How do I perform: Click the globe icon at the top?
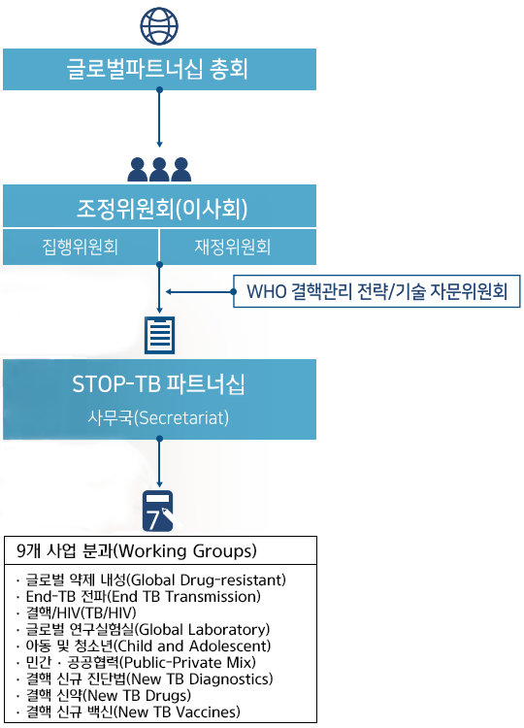tap(159, 26)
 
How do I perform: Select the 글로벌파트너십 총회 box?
tap(160, 69)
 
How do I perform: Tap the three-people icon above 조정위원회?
tap(159, 170)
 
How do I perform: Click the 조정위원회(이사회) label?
tap(162, 209)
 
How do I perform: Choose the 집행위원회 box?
tap(81, 247)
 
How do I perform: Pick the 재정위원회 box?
tap(238, 247)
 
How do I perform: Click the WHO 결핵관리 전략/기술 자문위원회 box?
tap(377, 291)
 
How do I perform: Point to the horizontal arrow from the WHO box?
tap(200, 291)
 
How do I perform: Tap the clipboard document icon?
tap(160, 335)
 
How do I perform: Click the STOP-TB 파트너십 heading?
tap(158, 384)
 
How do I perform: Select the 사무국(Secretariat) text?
tap(158, 417)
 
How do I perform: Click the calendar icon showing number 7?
tap(158, 511)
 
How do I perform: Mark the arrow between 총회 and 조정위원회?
tap(159, 117)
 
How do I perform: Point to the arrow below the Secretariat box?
tap(159, 462)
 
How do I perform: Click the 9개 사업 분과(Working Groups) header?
tap(137, 551)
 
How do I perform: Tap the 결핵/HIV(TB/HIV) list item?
tap(76, 612)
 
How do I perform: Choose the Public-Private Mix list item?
tap(136, 662)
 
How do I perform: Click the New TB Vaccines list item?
tap(128, 711)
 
